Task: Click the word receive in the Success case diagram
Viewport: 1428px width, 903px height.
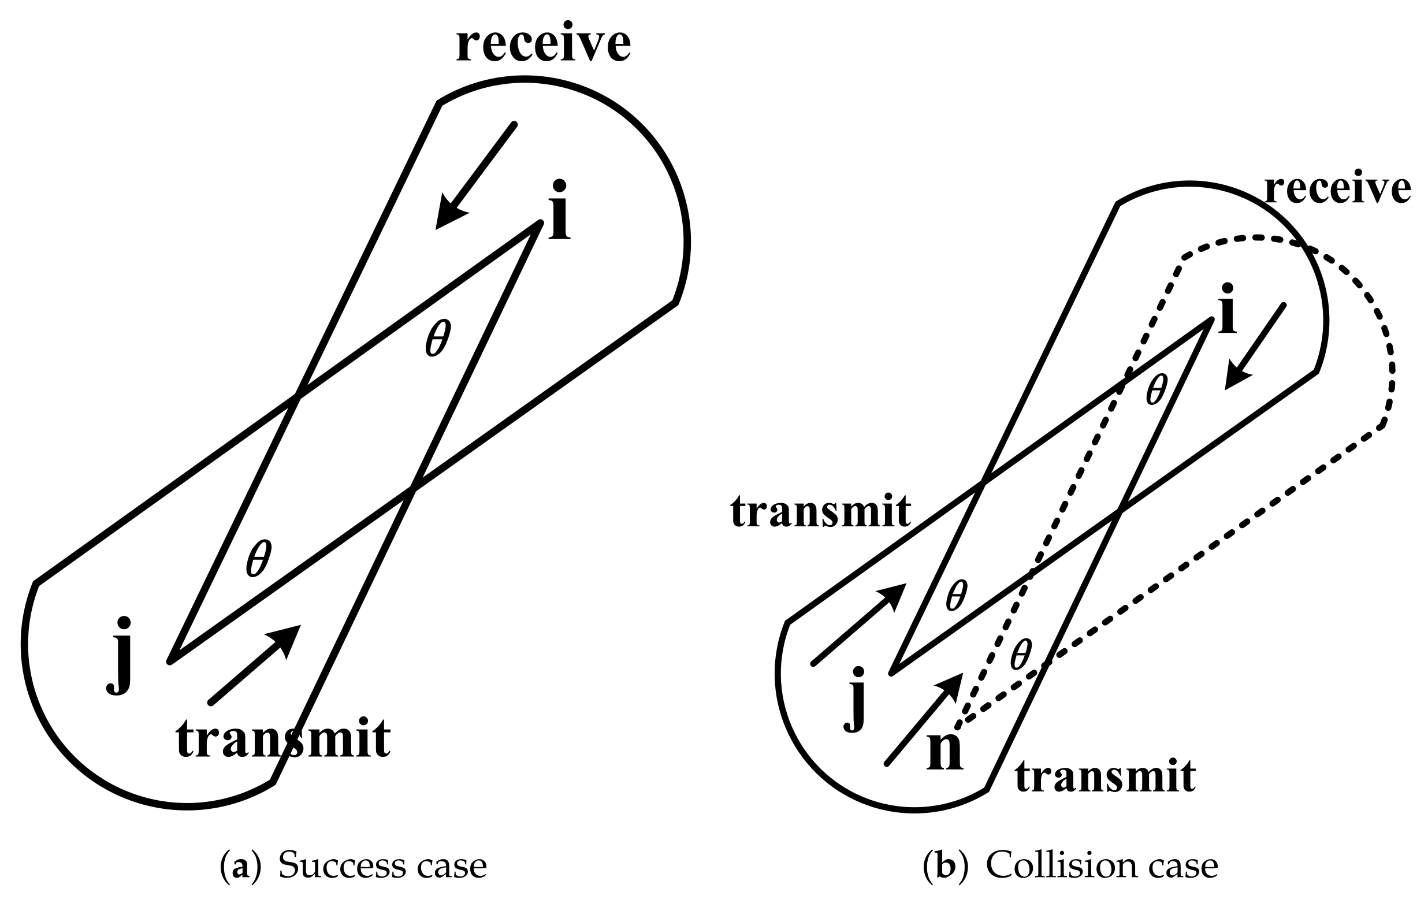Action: pyautogui.click(x=542, y=44)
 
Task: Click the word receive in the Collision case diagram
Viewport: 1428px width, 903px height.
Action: pyautogui.click(x=1337, y=189)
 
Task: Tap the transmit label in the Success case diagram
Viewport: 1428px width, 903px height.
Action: pyautogui.click(x=283, y=739)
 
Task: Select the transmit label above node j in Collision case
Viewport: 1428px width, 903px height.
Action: pyautogui.click(x=820, y=511)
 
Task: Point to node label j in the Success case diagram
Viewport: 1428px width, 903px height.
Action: pyautogui.click(x=120, y=655)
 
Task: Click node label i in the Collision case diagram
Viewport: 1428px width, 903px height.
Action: pyautogui.click(x=1227, y=309)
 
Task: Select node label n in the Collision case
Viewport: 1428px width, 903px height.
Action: pyautogui.click(x=944, y=752)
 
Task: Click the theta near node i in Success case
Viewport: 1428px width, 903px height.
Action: pyautogui.click(x=438, y=338)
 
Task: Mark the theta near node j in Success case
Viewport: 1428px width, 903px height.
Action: pyautogui.click(x=259, y=558)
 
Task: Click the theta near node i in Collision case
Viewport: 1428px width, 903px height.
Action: pyautogui.click(x=1156, y=389)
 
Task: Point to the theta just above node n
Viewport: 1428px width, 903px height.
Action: pyautogui.click(x=1021, y=655)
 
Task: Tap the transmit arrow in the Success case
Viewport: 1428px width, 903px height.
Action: pyautogui.click(x=255, y=664)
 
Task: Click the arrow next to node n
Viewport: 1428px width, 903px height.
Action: pyautogui.click(x=923, y=720)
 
